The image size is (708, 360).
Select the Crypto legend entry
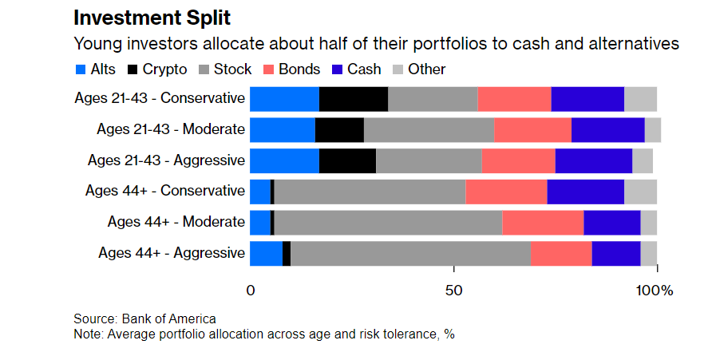[157, 69]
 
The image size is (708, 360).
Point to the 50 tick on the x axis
[454, 290]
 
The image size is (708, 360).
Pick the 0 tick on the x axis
[251, 290]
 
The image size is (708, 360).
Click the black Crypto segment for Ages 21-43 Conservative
[354, 99]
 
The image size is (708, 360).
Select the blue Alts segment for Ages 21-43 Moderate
[283, 129]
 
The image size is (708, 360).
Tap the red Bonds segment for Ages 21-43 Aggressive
[518, 160]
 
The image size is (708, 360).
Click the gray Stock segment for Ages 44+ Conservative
[370, 192]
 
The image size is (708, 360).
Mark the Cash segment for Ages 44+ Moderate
[611, 222]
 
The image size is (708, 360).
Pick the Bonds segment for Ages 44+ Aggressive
[561, 253]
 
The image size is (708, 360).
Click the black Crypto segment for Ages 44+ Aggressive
[287, 253]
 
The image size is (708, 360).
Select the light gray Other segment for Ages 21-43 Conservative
[640, 99]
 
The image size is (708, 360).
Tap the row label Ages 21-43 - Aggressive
[166, 160]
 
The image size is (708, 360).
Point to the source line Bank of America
[144, 318]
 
